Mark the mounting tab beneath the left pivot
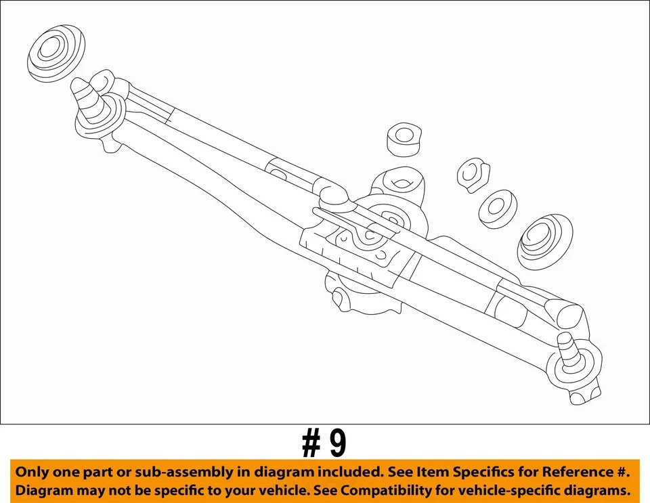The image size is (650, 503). pyautogui.click(x=108, y=143)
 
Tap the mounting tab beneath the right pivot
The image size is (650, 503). pyautogui.click(x=579, y=396)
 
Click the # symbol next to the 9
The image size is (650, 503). pyautogui.click(x=311, y=445)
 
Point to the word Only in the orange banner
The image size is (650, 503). pyautogui.click(x=30, y=472)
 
